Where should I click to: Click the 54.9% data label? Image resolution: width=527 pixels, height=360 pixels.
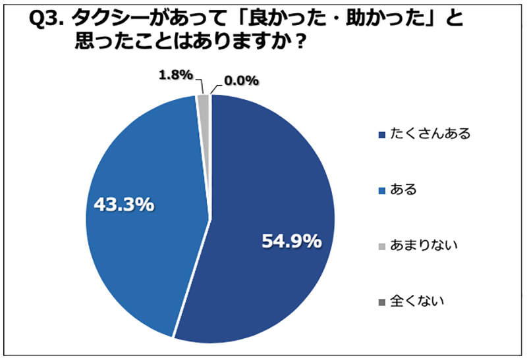pyautogui.click(x=291, y=242)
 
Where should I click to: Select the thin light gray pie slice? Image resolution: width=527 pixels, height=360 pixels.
pyautogui.click(x=204, y=101)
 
